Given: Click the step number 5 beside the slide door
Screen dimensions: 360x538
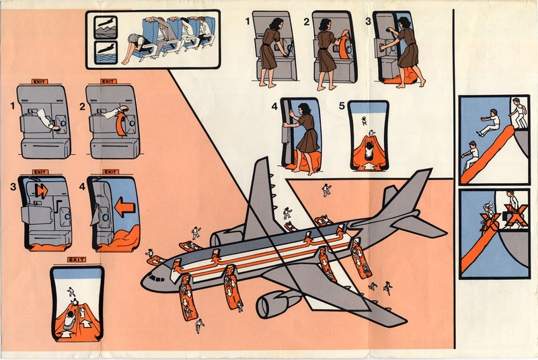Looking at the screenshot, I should (343, 106).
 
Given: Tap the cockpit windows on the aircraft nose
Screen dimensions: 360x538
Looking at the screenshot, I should (155, 277).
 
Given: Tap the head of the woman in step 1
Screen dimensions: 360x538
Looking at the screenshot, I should (274, 24).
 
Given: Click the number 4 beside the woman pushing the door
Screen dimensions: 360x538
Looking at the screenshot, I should (274, 106).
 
